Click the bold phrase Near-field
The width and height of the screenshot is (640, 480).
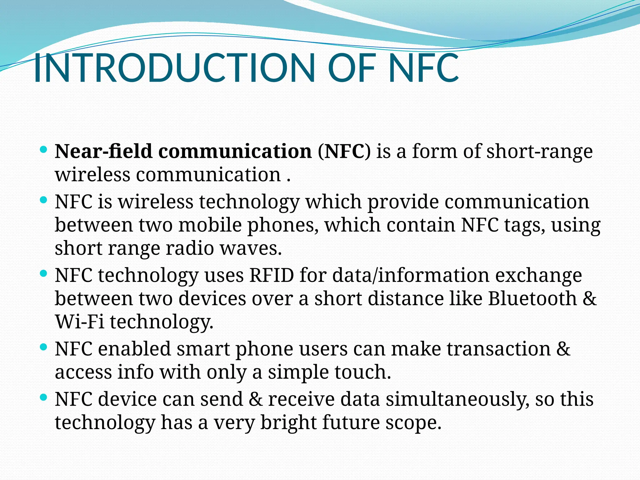click(x=103, y=152)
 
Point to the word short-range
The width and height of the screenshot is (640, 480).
click(x=539, y=152)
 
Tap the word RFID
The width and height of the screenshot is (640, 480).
click(x=272, y=276)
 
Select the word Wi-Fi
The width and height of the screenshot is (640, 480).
click(x=80, y=322)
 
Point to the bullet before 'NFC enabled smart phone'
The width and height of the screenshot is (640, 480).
click(x=44, y=347)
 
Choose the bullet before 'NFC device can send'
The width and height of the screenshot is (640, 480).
click(x=44, y=397)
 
